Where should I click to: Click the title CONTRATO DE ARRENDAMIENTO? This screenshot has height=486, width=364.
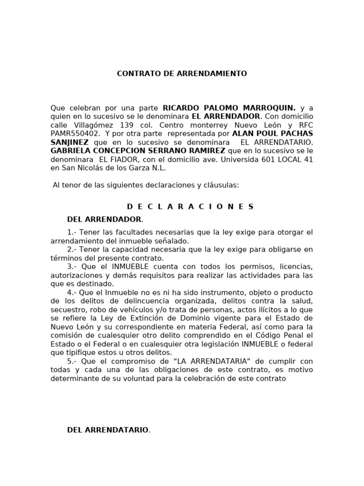coord(182,74)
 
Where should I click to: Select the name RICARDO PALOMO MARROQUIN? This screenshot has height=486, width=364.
coord(229,108)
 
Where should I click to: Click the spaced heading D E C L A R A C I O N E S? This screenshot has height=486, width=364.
coord(191,206)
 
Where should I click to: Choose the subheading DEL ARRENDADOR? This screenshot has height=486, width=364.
coord(104,219)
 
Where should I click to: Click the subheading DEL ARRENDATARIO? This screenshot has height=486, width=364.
coord(108,430)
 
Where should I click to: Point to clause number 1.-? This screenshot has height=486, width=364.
coord(72,232)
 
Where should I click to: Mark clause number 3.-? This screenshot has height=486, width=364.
coord(72,266)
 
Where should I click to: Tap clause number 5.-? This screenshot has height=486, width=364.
coord(72,361)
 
